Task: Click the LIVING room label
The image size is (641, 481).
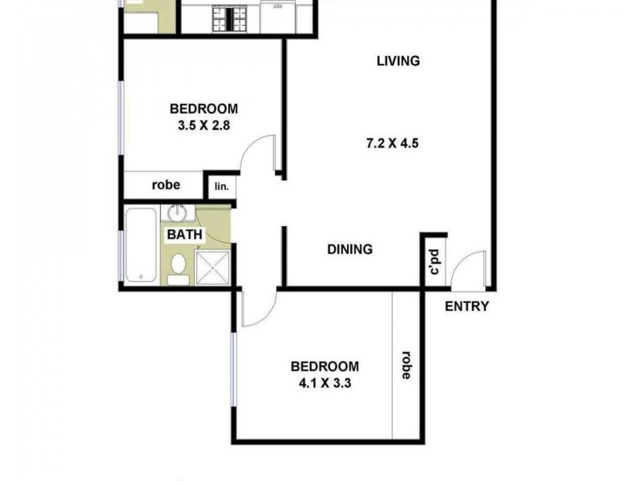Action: click(398, 61)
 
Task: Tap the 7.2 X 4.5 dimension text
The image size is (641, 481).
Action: click(393, 144)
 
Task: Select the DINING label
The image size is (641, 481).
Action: click(350, 249)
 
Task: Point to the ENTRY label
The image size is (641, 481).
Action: click(466, 305)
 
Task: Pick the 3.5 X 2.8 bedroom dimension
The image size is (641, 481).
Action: click(204, 125)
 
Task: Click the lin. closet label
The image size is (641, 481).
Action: click(221, 187)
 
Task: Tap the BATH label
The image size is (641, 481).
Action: click(185, 235)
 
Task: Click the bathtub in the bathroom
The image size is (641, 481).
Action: click(142, 245)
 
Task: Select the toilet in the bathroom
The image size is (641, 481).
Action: click(179, 268)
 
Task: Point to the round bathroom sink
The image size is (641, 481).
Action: click(177, 214)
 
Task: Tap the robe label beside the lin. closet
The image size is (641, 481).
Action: click(165, 185)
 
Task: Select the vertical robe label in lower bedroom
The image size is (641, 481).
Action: click(406, 365)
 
